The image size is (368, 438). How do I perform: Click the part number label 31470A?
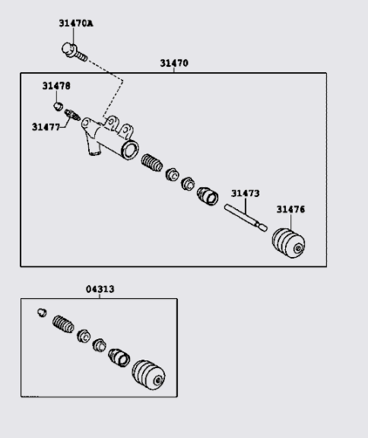coord(76,24)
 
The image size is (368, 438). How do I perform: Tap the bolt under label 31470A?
coord(74,52)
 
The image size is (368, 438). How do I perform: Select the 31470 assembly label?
coord(174,63)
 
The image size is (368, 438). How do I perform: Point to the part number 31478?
coord(56,86)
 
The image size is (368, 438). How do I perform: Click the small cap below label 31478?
coord(58,106)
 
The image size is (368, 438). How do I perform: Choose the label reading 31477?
coord(46,127)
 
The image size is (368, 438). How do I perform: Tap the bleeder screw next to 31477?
coord(72,115)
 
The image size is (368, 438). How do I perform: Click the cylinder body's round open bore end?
coord(130,150)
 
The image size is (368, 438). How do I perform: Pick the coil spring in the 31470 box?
coord(152,163)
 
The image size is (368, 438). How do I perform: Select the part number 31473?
coord(245,193)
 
